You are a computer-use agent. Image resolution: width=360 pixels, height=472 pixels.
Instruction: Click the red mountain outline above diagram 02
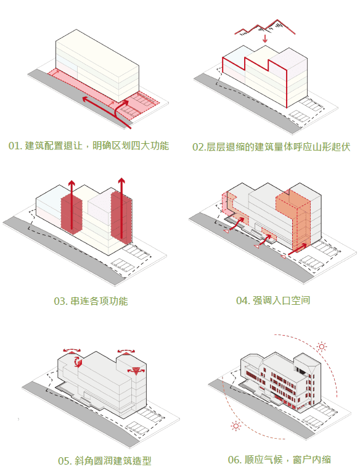point(264,27)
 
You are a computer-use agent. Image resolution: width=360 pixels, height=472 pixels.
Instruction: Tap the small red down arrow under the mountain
point(265,39)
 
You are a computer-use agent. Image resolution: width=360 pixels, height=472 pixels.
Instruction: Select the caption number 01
point(14,146)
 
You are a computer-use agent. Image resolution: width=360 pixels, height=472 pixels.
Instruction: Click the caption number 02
point(198,147)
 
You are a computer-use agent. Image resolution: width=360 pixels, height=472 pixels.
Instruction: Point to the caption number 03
point(60,301)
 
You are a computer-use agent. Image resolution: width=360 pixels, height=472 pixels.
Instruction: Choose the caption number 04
point(242,300)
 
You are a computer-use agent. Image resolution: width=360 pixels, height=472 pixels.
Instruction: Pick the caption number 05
point(64,461)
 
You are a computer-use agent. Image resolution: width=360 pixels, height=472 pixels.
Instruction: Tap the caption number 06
point(234,460)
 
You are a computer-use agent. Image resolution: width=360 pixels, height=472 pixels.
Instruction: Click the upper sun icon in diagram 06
point(322,347)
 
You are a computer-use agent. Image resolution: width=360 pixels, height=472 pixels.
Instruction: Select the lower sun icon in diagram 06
point(236,426)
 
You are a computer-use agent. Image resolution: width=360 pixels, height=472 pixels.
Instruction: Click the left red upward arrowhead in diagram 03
point(72,183)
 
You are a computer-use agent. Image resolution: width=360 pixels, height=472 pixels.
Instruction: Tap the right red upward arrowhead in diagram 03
point(121,180)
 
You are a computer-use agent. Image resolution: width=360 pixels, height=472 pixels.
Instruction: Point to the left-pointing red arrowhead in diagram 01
point(86,99)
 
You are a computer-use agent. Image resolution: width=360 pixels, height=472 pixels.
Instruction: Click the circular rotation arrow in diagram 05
point(78,361)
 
